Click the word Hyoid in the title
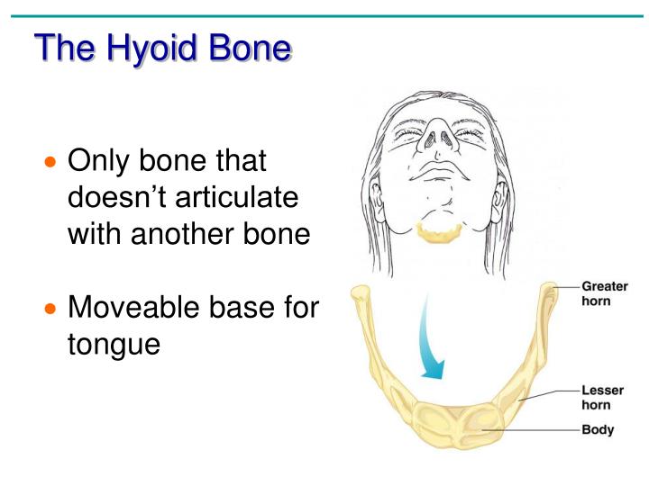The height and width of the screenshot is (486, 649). pyautogui.click(x=152, y=48)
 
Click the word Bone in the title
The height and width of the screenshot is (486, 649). pyautogui.click(x=251, y=48)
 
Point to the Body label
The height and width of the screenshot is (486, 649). pyautogui.click(x=597, y=430)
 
